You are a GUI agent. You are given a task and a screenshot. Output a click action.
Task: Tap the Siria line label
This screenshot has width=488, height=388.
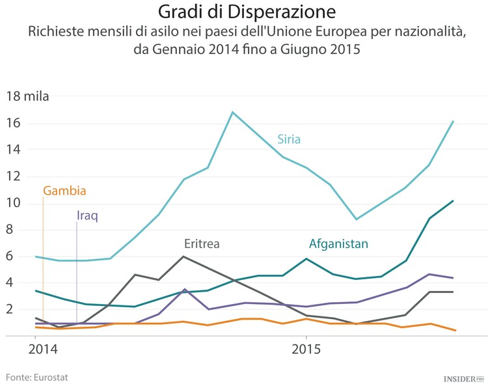coord(288,139)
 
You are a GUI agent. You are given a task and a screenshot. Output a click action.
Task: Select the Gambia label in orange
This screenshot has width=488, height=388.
coord(64,191)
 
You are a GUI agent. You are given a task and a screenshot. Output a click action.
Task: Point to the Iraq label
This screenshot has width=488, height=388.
coord(87,215)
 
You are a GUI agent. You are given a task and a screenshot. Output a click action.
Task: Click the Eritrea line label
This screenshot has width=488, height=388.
coord(201,244)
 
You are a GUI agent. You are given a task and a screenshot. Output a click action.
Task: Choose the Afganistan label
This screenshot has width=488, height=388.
coord(338,244)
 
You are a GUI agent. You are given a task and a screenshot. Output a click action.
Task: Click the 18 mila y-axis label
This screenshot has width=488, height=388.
coord(27,97)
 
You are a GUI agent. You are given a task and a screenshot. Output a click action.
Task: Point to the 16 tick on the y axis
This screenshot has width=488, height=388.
coord(13,124)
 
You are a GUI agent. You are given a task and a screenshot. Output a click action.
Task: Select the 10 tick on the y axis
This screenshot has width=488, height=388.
coord(13,203)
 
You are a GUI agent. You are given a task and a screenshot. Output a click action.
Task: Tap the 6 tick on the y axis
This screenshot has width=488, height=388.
coord(10,256)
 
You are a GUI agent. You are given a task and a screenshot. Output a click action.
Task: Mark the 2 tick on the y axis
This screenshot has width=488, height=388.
coord(10,310)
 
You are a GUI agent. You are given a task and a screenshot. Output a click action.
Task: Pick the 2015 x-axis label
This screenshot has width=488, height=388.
coord(305,349)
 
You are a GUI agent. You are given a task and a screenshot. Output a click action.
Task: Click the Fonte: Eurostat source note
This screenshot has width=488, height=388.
coord(37,377)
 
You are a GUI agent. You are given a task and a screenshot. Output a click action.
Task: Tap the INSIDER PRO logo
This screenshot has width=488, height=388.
coord(464,378)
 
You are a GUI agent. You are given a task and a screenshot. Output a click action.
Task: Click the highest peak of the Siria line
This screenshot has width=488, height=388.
coord(232,112)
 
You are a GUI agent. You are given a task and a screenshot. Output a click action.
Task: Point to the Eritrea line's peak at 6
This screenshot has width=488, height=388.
coord(183,256)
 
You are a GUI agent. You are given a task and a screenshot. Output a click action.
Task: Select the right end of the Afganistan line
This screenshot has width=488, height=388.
coord(453,201)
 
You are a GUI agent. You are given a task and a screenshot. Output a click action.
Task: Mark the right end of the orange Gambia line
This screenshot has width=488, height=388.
coord(455,331)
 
